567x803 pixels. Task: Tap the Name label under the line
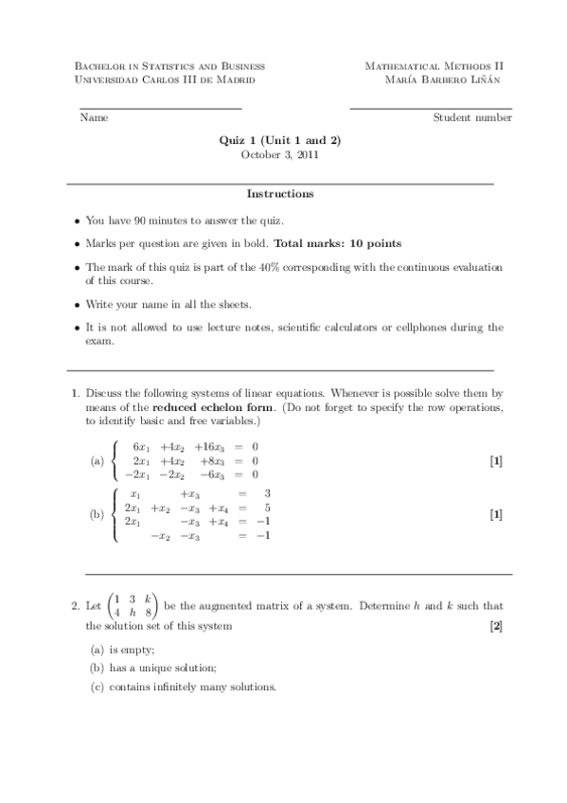94,118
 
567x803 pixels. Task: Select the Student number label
472,118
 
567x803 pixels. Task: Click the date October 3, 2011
279,154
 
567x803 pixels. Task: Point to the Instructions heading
280,194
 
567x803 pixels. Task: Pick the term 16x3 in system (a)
209,447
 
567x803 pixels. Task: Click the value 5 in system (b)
269,508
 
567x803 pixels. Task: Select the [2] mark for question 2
496,626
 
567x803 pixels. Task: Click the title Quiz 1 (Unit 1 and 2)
279,140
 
